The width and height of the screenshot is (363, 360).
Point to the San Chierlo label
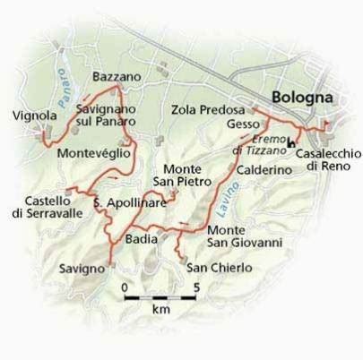[x=219, y=267]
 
